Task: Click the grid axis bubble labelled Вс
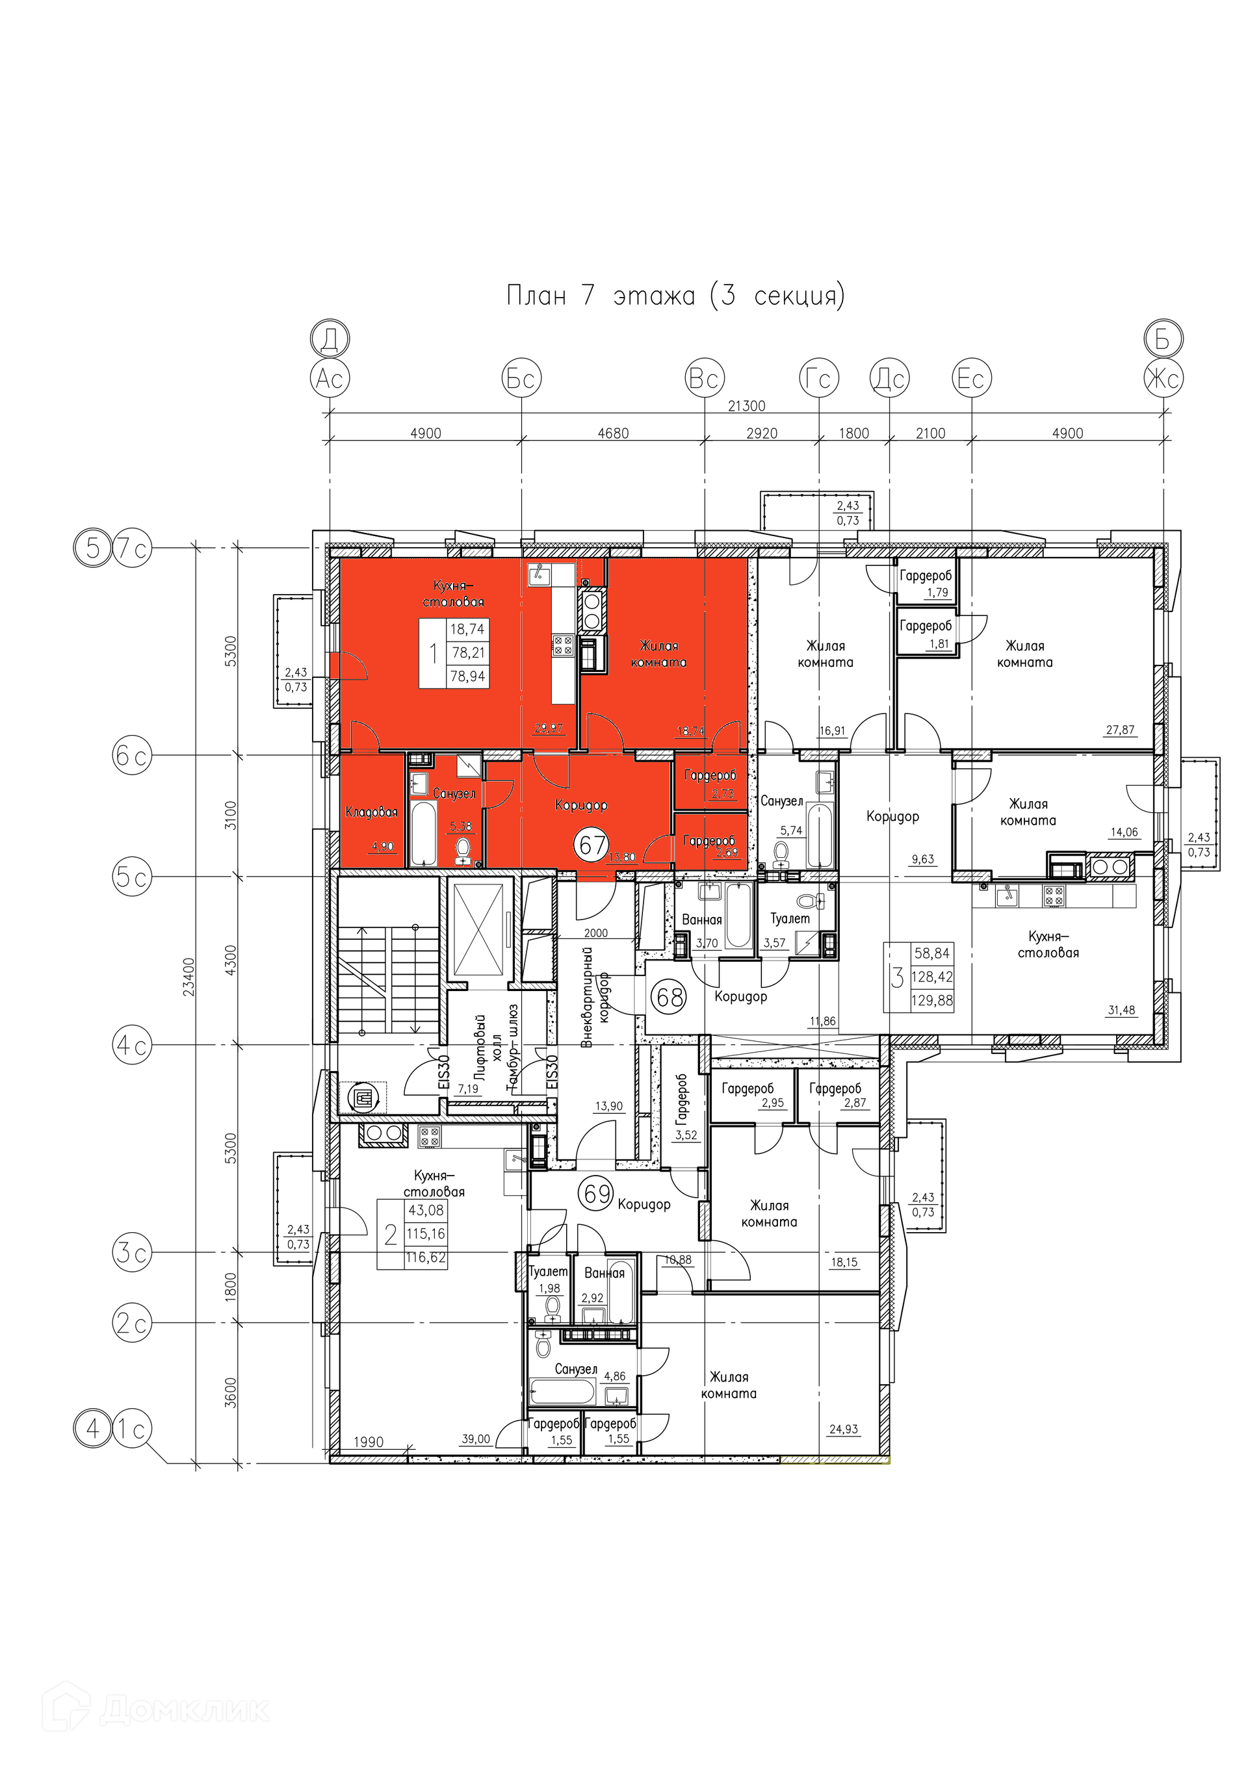click(705, 378)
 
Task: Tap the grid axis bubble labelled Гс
click(819, 378)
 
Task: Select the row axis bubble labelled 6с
click(131, 756)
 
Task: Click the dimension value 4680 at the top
click(613, 433)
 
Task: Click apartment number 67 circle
click(593, 845)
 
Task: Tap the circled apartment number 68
click(669, 998)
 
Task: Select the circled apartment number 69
click(597, 1194)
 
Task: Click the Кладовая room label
click(371, 812)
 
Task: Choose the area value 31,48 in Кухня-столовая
click(1121, 1010)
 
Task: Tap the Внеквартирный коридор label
click(595, 999)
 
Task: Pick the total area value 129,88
click(931, 1000)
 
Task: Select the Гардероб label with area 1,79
click(926, 576)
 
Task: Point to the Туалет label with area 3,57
click(790, 919)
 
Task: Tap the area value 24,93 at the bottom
click(844, 1429)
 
